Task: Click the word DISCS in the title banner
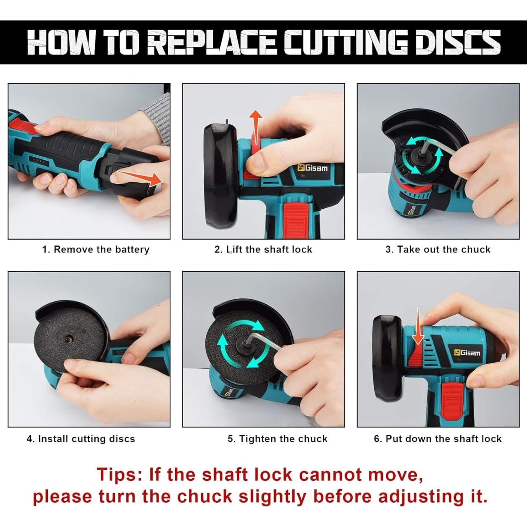(x=459, y=42)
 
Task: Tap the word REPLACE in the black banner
(x=213, y=42)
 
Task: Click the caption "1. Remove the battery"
(x=96, y=250)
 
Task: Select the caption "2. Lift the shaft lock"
(x=263, y=250)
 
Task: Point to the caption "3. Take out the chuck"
(x=438, y=250)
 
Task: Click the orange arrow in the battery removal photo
(x=140, y=178)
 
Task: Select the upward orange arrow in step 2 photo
(x=255, y=128)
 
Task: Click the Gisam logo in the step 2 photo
(x=312, y=168)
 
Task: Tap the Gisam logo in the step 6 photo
(x=467, y=352)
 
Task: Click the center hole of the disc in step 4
(x=67, y=340)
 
